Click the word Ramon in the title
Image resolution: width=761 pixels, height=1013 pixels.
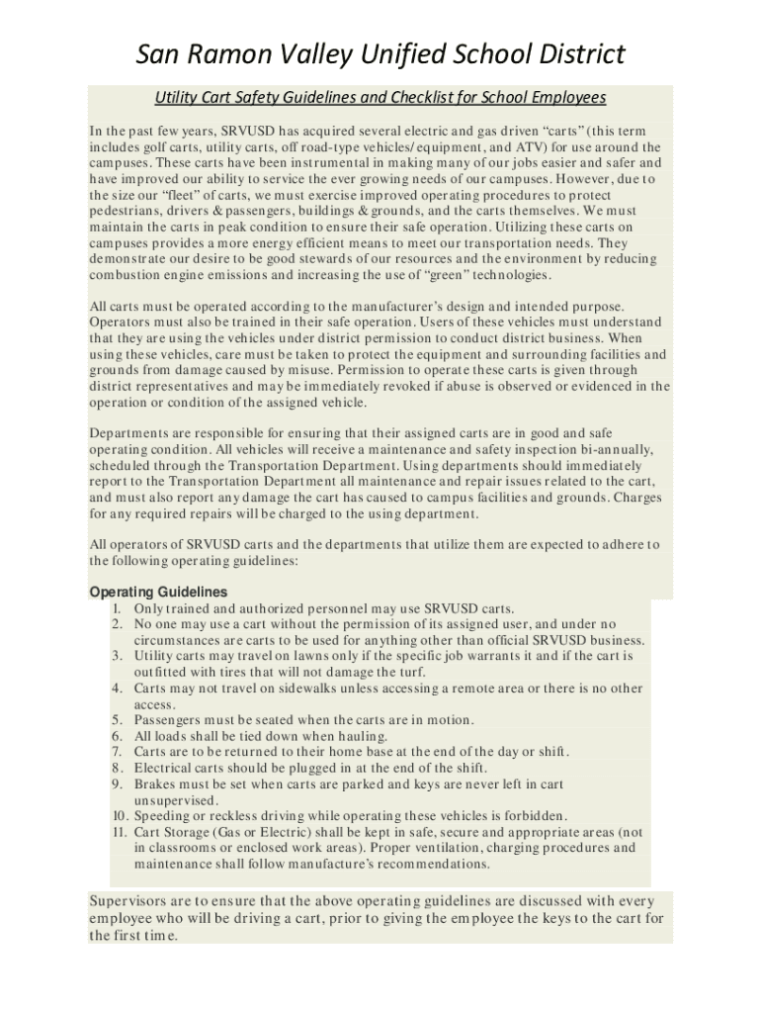click(x=244, y=54)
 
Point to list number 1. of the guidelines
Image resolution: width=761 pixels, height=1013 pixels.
click(x=118, y=608)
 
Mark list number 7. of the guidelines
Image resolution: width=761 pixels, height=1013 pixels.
click(x=118, y=752)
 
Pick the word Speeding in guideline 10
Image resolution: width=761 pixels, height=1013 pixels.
click(x=165, y=816)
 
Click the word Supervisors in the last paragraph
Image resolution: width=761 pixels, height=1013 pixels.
click(x=133, y=901)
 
